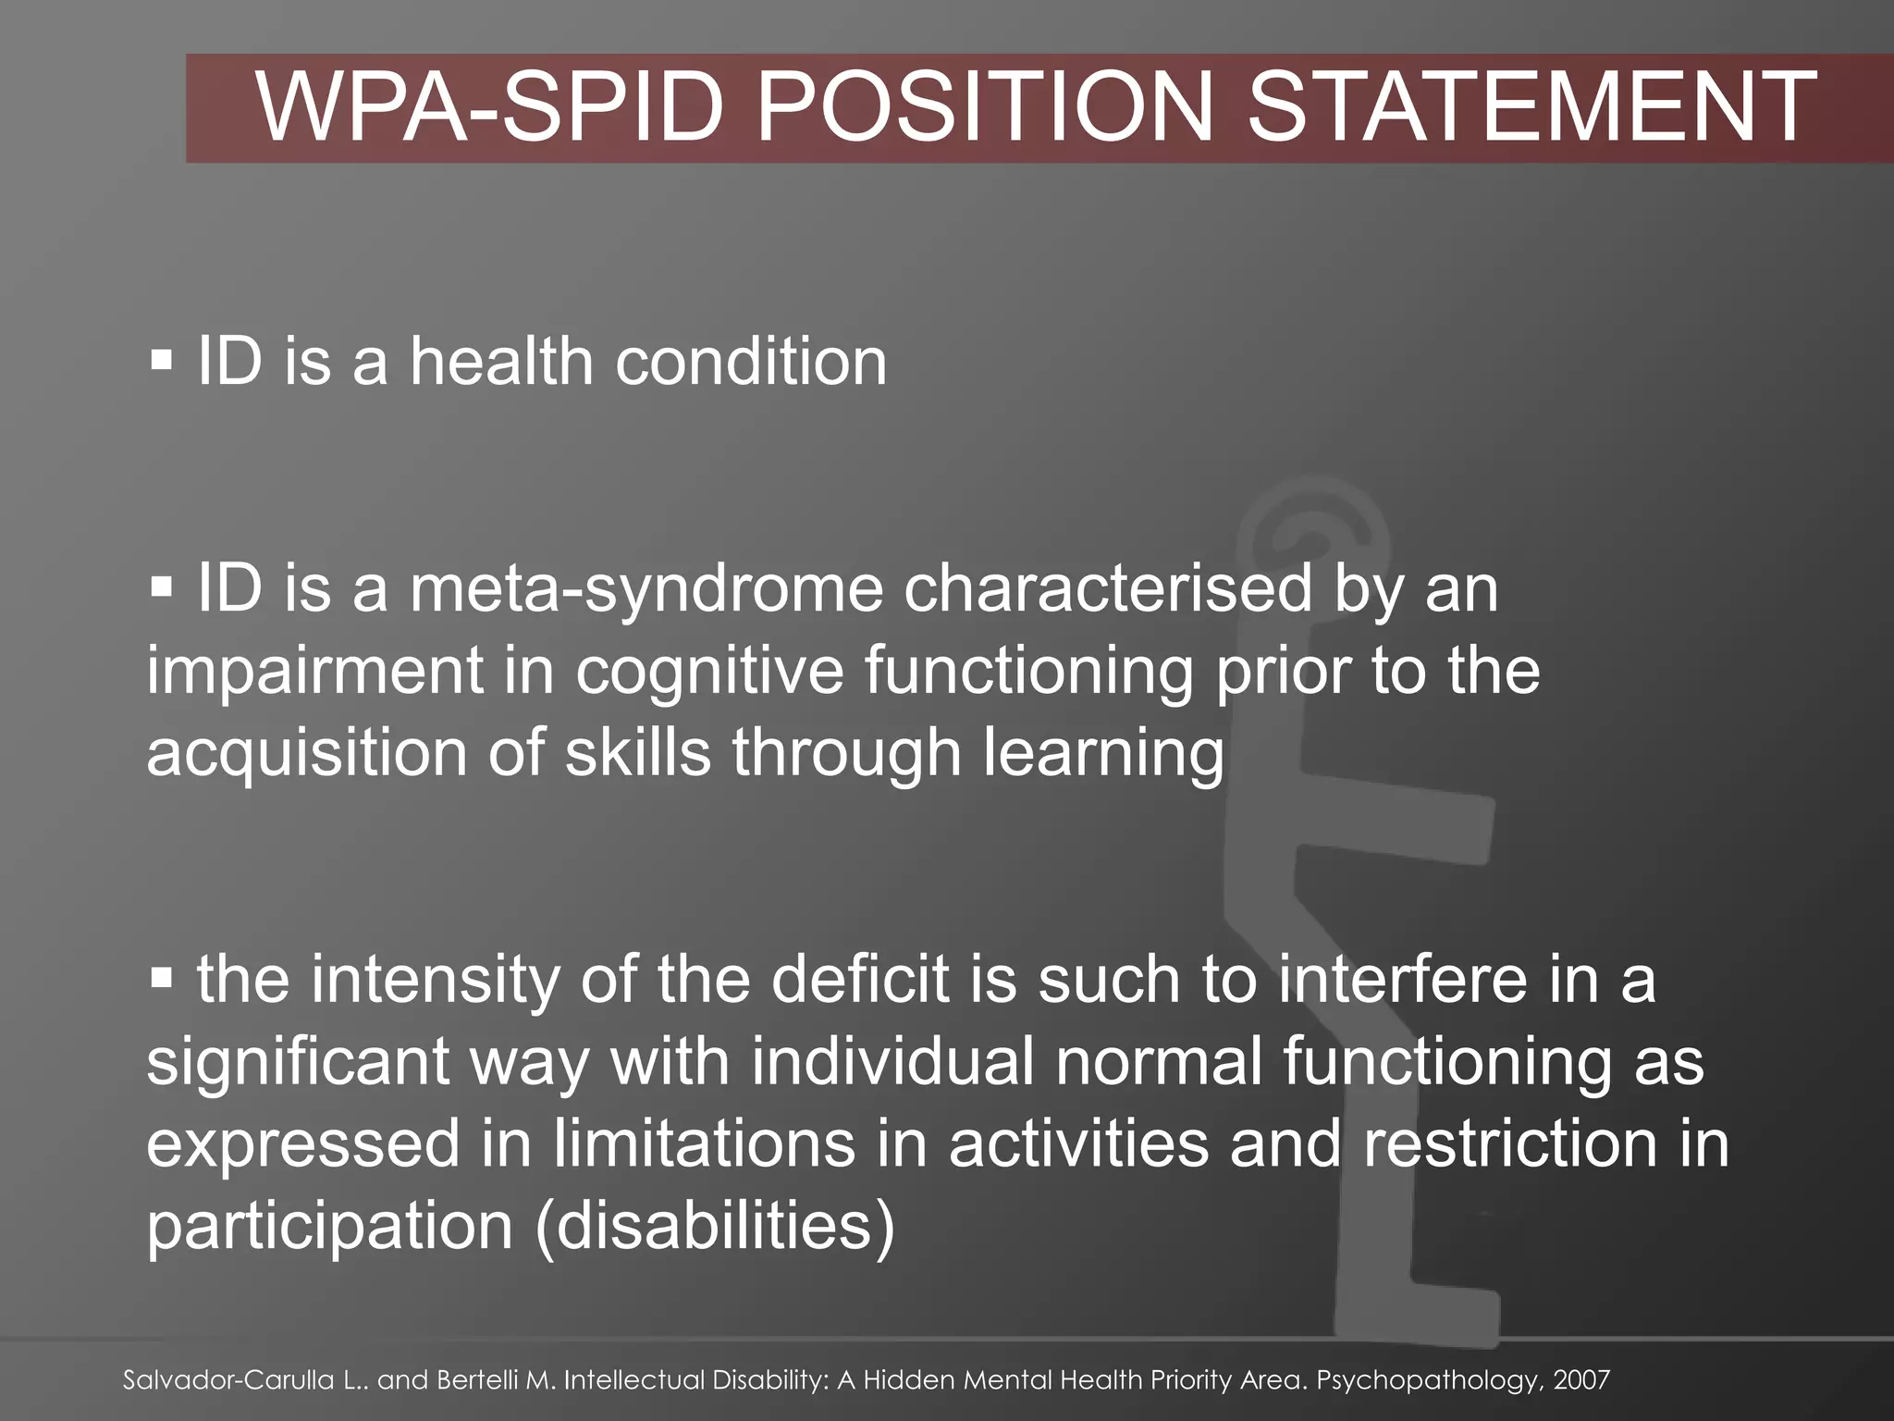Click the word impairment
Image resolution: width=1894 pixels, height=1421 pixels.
coord(314,673)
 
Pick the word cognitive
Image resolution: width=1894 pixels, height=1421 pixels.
coord(709,673)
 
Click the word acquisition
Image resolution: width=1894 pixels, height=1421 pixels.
coord(306,754)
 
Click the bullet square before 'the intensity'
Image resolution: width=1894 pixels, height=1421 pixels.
coord(161,977)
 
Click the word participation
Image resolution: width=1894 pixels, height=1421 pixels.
coord(329,1227)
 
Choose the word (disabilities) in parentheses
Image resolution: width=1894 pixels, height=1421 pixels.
coord(715,1227)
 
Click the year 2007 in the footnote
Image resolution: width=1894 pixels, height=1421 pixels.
coord(1581,1380)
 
